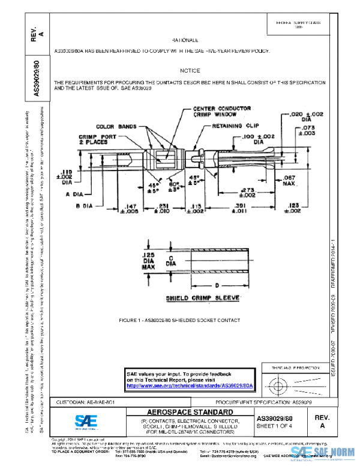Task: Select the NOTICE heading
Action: click(x=190, y=70)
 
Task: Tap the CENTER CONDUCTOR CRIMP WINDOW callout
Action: click(x=221, y=112)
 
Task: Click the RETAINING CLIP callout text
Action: click(x=236, y=127)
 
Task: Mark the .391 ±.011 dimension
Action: click(x=245, y=208)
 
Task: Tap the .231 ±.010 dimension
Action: click(x=162, y=208)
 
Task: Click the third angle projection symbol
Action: click(x=295, y=383)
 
